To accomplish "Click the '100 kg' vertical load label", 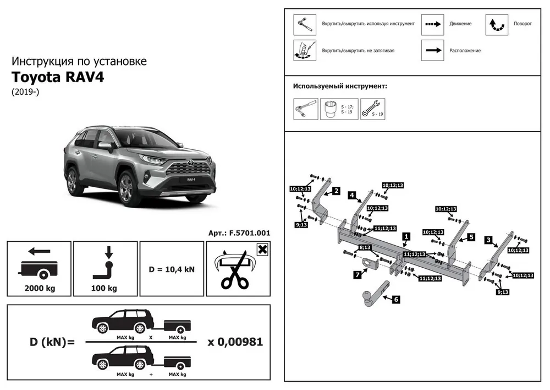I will tap(105, 288).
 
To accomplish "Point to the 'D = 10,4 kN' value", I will tap(172, 269).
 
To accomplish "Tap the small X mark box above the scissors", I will tap(262, 249).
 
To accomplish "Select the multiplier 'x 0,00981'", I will tap(235, 342).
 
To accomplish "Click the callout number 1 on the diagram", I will tap(406, 236).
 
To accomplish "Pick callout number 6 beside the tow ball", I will tap(395, 300).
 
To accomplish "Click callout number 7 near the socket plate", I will tap(357, 274).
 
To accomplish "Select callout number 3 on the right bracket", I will tap(488, 240).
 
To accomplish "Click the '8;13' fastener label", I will tap(365, 248).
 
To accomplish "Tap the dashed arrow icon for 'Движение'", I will tap(432, 24).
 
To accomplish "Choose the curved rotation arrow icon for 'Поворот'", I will tap(496, 24).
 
